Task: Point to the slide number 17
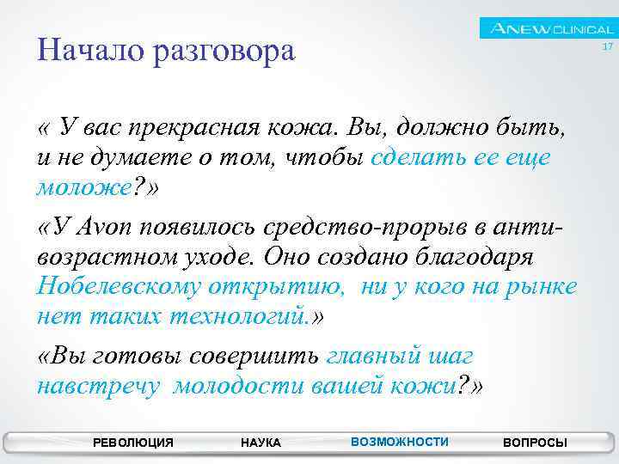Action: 607,47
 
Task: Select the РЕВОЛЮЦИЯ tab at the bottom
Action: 132,443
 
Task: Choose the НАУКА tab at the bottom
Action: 260,443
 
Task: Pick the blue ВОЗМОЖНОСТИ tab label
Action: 400,442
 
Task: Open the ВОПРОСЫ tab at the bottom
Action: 534,443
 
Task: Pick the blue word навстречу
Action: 99,386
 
